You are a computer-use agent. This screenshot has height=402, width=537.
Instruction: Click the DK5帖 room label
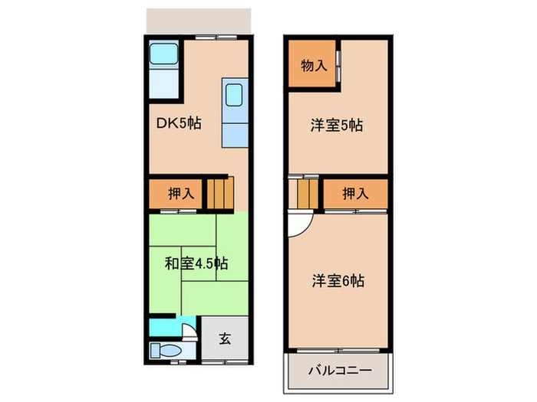click(x=179, y=123)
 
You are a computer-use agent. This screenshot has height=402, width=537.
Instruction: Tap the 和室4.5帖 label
click(x=196, y=263)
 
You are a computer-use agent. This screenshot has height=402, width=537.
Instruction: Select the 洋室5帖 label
click(x=337, y=126)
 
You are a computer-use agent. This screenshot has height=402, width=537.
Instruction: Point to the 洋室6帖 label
click(x=338, y=281)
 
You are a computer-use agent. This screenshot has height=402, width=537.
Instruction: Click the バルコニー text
click(x=340, y=371)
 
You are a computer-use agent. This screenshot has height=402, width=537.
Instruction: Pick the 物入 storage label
click(x=314, y=65)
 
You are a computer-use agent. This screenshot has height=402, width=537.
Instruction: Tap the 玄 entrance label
click(x=225, y=338)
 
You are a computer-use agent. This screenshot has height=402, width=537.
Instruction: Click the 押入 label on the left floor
click(x=181, y=194)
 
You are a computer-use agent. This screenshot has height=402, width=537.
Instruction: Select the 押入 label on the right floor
click(x=355, y=194)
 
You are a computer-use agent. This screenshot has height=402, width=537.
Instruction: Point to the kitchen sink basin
click(x=234, y=95)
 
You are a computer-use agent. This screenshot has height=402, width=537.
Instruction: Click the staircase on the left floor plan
click(x=220, y=193)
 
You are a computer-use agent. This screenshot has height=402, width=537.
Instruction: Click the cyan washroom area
click(x=171, y=326)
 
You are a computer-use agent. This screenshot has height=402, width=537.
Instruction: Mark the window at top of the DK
click(x=216, y=38)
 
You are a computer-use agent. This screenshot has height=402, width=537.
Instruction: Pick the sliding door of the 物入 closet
click(x=338, y=67)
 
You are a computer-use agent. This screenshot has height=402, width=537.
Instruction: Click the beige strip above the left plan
click(x=199, y=21)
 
